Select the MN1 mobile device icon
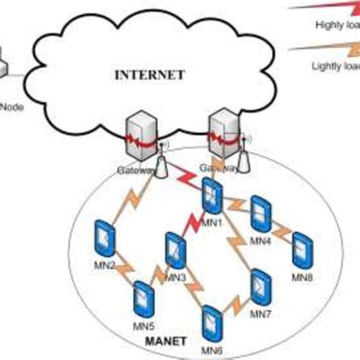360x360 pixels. tap(212, 196)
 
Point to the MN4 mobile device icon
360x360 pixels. tap(261, 213)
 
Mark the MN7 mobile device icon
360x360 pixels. tap(261, 285)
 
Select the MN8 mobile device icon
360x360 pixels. tap(303, 250)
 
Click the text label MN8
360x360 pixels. tap(302, 278)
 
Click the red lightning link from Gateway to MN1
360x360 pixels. tap(185, 178)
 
